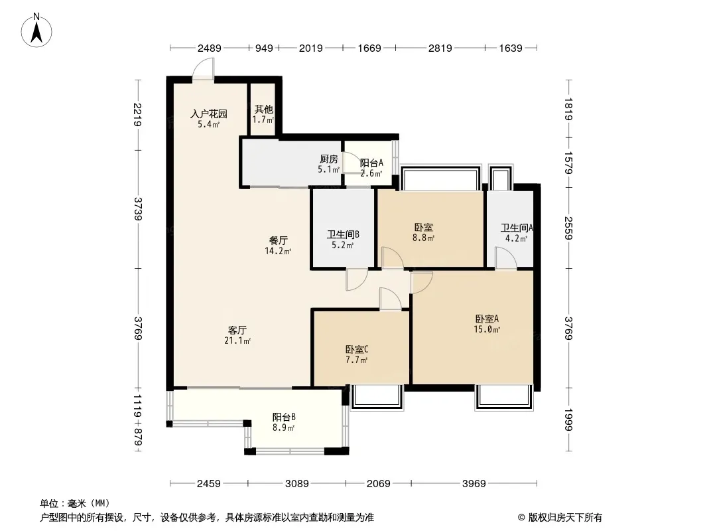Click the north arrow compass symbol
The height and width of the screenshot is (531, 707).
(36, 31)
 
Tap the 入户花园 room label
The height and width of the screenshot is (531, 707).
(208, 114)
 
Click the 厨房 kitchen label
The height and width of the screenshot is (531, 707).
(329, 159)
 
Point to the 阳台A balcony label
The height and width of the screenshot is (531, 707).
(371, 163)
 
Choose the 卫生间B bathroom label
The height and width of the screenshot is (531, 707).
(343, 234)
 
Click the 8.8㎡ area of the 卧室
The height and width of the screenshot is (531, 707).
(423, 238)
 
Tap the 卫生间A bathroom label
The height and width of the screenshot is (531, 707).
(517, 228)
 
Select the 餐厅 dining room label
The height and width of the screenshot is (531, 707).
(278, 241)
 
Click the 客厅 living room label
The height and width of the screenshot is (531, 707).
(237, 331)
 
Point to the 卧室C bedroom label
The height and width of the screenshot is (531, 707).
(357, 349)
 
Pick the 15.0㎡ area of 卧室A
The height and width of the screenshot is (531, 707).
(487, 329)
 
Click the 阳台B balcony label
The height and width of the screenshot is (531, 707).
(284, 417)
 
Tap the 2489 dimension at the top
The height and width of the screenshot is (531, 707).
(210, 48)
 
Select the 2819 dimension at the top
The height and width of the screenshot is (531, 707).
(440, 48)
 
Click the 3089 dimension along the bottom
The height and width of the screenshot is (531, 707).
(297, 484)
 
